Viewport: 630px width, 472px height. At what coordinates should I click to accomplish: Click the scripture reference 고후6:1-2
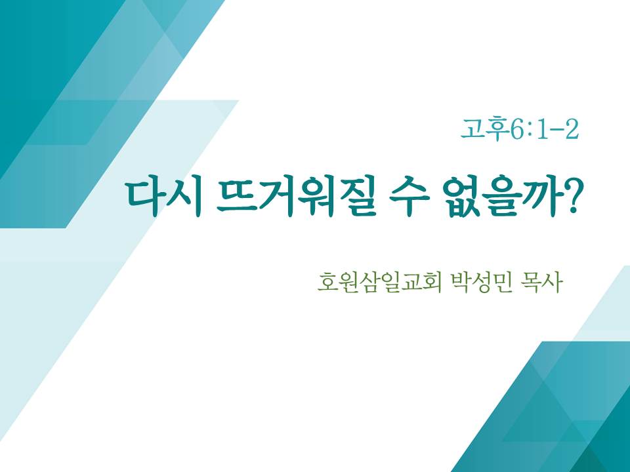coord(520,130)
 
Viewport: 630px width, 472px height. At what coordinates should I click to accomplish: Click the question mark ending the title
coord(568,197)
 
